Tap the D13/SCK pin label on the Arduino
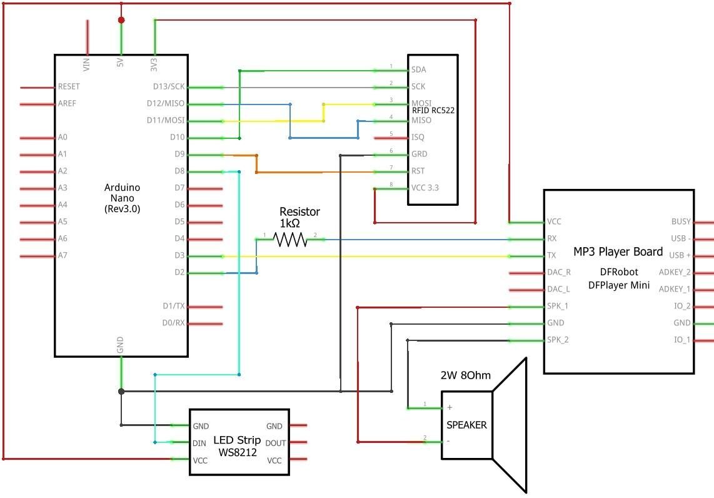(x=169, y=86)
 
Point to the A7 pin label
(x=62, y=255)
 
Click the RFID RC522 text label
(x=433, y=110)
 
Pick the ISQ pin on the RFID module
(x=418, y=137)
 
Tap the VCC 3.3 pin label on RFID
(x=425, y=188)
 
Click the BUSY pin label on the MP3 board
(x=681, y=221)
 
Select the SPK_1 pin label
(x=557, y=306)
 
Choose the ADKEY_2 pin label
(x=675, y=272)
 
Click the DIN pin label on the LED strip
(x=199, y=443)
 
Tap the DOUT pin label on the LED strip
(x=276, y=443)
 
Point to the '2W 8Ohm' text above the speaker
(x=465, y=375)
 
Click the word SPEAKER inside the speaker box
(x=466, y=425)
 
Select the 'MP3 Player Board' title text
(x=618, y=252)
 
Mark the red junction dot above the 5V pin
(x=121, y=20)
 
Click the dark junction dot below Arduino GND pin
(x=121, y=391)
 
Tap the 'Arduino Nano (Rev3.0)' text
(x=122, y=198)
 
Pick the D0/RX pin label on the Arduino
(x=173, y=323)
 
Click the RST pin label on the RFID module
(x=418, y=171)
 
